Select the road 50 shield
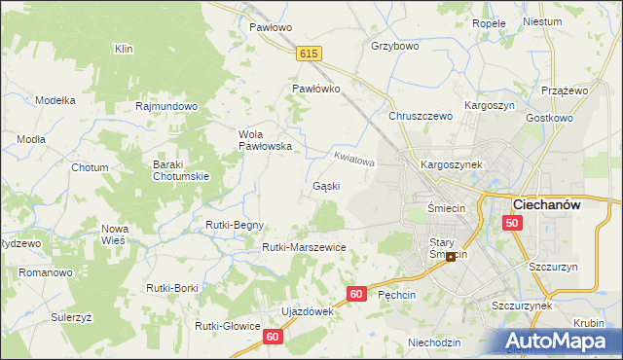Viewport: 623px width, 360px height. pos(513,224)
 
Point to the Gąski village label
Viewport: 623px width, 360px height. pos(325,186)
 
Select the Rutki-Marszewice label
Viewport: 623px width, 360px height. pos(304,248)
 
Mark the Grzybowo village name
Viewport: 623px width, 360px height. pos(395,46)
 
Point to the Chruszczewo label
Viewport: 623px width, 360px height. pos(421,116)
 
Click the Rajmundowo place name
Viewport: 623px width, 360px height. pos(167,106)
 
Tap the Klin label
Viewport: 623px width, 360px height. pos(124,49)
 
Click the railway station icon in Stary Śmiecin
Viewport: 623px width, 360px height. pos(450,257)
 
